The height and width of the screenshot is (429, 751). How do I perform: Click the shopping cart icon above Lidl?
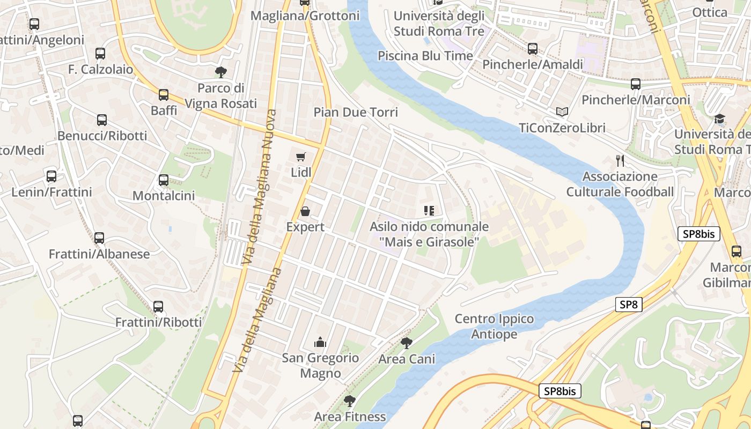(x=301, y=157)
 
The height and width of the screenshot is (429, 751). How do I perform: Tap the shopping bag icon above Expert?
(x=305, y=211)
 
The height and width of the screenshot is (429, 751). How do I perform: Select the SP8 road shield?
(x=628, y=305)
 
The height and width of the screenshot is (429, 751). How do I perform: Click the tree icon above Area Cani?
(x=407, y=343)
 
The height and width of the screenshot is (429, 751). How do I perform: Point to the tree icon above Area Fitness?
(x=350, y=401)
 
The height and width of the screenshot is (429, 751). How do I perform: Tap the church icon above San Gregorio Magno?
(x=320, y=342)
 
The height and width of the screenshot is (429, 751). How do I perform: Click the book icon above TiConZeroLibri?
(x=562, y=112)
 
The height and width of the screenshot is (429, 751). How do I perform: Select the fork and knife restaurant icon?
(x=620, y=160)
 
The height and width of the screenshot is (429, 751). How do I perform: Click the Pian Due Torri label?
(x=356, y=112)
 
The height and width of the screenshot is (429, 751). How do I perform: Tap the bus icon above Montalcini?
(x=164, y=180)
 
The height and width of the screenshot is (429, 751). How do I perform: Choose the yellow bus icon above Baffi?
(x=164, y=95)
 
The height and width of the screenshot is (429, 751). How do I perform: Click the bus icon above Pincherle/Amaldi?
(x=533, y=49)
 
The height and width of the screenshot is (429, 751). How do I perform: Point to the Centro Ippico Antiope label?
(x=494, y=327)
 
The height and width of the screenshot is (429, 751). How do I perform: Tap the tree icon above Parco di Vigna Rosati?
(x=220, y=72)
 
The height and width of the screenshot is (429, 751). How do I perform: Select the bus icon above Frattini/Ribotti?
(x=158, y=307)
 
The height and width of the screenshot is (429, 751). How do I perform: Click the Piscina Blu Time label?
(x=425, y=56)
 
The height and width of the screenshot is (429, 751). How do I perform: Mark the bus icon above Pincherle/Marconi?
(x=636, y=84)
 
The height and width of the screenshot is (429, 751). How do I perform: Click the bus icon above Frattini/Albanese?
(x=99, y=238)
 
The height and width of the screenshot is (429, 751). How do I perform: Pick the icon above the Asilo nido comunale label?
(x=429, y=210)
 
